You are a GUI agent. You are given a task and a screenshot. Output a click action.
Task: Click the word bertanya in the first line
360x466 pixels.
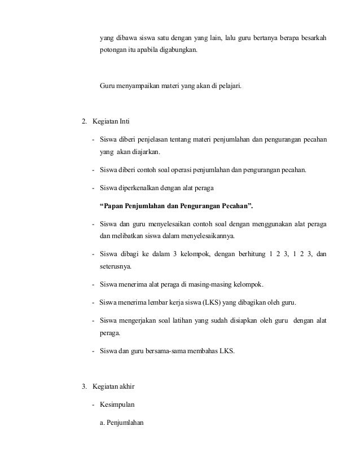[x=263, y=38]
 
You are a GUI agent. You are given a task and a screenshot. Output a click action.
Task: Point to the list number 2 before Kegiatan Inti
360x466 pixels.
[x=84, y=121]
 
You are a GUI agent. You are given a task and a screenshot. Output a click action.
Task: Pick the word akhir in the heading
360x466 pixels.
[x=125, y=386]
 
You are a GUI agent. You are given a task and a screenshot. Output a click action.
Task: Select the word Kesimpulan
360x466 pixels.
[x=117, y=404]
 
